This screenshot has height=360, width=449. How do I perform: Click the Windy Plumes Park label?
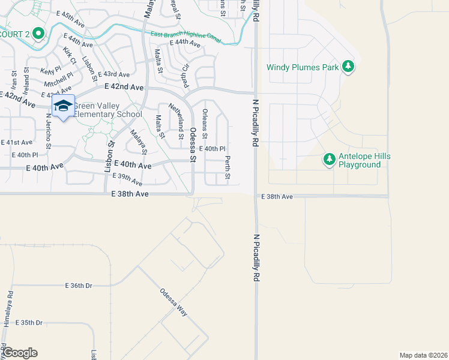[x=303, y=67]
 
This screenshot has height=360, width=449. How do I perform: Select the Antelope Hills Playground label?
[x=364, y=160]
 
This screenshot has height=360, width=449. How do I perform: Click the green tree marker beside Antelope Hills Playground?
[x=328, y=160]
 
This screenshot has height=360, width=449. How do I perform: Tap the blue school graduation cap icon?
[x=63, y=106]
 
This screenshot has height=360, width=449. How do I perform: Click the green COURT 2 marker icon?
[x=38, y=34]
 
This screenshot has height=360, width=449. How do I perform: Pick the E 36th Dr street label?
[x=77, y=286]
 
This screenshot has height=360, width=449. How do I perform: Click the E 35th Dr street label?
[x=29, y=323]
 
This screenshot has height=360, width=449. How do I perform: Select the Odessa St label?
[x=193, y=145]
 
